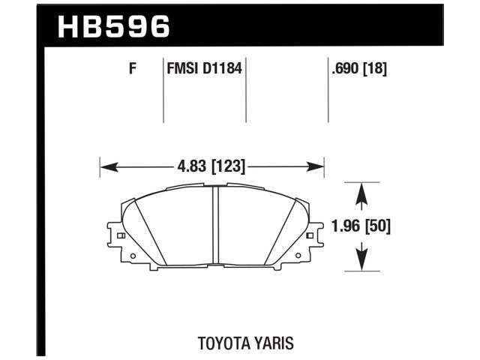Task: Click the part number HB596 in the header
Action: (x=114, y=26)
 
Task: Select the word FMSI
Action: (x=181, y=70)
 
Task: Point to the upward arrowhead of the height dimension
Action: (x=361, y=190)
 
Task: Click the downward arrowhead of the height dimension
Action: (x=361, y=262)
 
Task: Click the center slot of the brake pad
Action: (x=215, y=225)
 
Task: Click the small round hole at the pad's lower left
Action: (x=133, y=256)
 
